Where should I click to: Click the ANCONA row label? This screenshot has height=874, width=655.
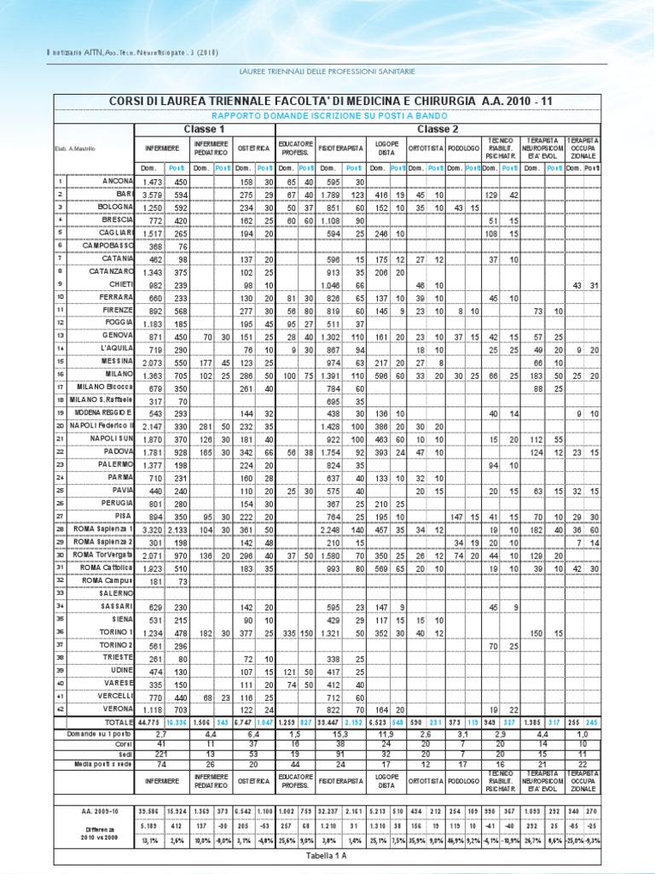coord(118,182)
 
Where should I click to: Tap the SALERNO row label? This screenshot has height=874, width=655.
coord(117,592)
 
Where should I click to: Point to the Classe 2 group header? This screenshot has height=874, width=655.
coord(438,128)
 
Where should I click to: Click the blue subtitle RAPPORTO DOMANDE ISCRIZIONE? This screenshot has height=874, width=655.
coord(327,114)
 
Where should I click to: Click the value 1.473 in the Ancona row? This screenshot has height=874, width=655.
coord(153,182)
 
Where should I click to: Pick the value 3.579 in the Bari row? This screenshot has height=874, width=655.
coord(153,195)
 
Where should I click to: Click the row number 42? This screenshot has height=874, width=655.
coord(61,708)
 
